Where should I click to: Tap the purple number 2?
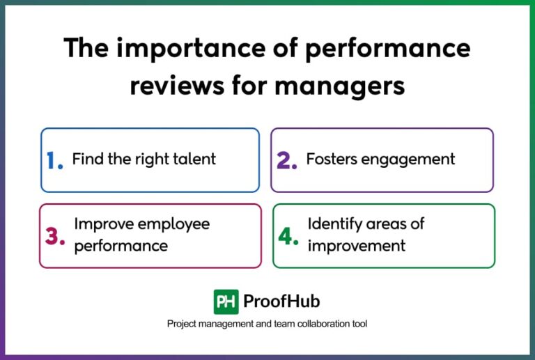tap(286, 161)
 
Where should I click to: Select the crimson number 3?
tap(54, 236)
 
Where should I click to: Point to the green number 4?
tap(287, 237)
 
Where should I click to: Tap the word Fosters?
tap(332, 159)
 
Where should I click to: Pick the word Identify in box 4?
tap(333, 225)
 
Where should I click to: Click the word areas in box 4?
tap(387, 225)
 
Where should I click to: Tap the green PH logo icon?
tap(226, 302)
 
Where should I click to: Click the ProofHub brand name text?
tap(281, 302)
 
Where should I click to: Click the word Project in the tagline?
tap(181, 324)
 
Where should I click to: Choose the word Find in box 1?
tap(87, 159)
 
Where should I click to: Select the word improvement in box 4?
tap(357, 246)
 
